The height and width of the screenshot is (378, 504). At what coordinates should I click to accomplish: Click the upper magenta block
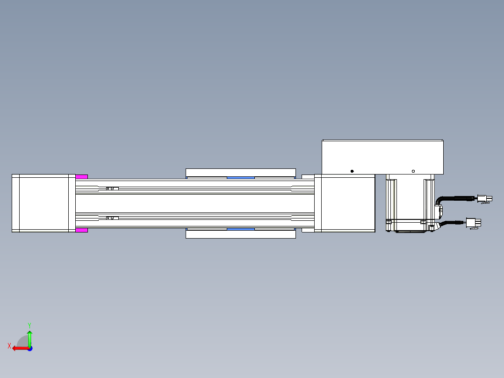click(82, 177)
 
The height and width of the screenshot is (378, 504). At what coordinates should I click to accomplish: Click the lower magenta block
click(82, 230)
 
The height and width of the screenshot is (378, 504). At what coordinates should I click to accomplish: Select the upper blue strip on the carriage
click(241, 178)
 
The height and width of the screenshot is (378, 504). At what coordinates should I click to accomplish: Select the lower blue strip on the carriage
click(241, 229)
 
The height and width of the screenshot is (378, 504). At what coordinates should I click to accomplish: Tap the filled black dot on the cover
click(352, 171)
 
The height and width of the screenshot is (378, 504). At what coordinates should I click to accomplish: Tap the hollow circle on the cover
click(413, 171)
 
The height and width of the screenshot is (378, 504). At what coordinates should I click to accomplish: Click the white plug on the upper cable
click(484, 199)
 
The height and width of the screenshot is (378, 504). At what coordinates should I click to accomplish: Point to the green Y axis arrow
click(29, 339)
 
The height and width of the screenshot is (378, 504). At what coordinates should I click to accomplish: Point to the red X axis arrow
click(21, 349)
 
